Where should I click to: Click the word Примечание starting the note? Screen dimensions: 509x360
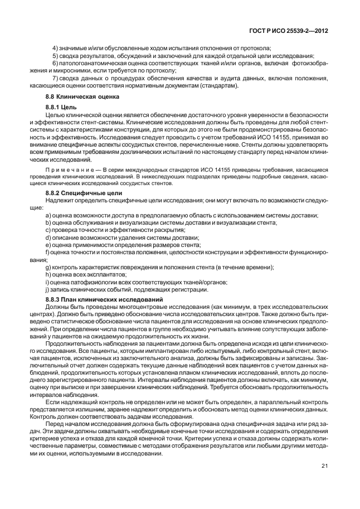(65, 169)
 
